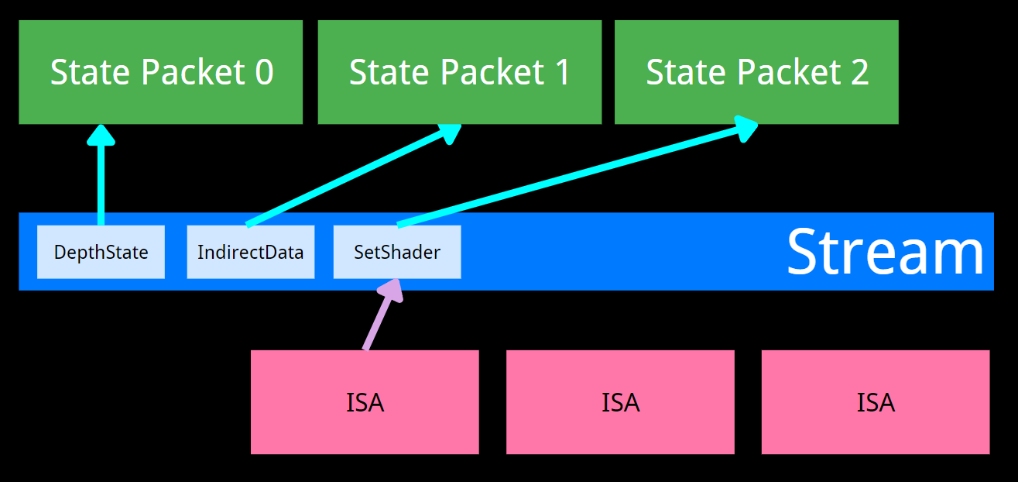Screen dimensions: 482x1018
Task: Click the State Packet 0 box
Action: [160, 72]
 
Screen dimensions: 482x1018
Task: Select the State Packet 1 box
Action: [459, 72]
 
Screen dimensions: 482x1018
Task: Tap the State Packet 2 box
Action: [756, 72]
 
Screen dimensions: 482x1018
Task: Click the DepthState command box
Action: [101, 252]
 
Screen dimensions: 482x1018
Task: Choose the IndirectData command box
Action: [250, 252]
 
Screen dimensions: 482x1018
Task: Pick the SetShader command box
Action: [397, 252]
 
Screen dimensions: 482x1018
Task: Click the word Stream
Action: [885, 252]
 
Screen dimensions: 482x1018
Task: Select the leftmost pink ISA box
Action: [365, 402]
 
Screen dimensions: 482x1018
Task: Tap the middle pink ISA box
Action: [620, 402]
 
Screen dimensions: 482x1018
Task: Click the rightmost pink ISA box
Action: [876, 402]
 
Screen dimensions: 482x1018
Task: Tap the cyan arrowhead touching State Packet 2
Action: [745, 127]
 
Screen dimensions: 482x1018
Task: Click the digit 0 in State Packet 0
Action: [264, 72]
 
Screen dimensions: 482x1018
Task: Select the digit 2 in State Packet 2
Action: [859, 72]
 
